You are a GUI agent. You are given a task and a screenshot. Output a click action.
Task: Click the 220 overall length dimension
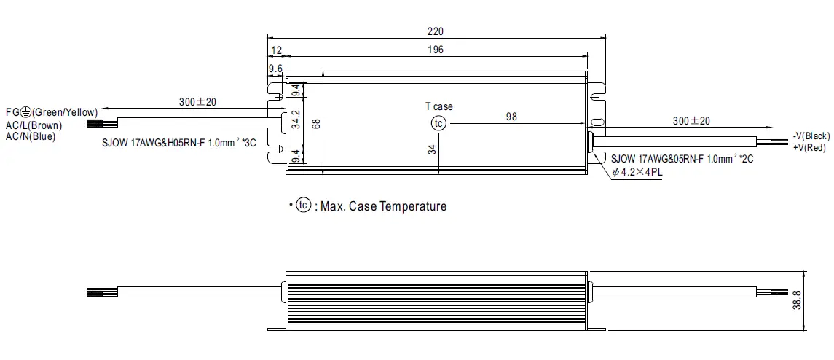(436, 31)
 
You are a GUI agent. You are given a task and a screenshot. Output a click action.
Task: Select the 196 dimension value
(436, 50)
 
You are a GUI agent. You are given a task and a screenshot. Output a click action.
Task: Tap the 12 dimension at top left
(276, 50)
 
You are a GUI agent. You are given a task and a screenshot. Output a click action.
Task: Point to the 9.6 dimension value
(275, 69)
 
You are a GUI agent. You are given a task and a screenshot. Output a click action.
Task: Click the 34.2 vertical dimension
(296, 120)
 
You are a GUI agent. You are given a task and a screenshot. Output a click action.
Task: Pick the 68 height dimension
(316, 123)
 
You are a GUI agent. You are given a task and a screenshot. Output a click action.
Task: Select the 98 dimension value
(511, 117)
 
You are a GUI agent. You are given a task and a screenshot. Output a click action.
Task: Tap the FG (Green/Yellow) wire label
(51, 112)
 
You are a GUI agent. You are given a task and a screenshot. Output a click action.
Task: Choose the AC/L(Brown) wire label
(34, 125)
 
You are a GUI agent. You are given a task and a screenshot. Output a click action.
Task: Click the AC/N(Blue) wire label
(31, 136)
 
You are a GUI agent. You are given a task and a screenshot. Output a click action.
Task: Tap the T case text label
(438, 106)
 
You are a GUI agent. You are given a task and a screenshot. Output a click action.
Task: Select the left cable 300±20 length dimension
(197, 101)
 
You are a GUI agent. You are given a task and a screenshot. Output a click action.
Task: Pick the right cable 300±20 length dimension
(691, 120)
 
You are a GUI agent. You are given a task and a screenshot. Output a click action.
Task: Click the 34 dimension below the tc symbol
(432, 150)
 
